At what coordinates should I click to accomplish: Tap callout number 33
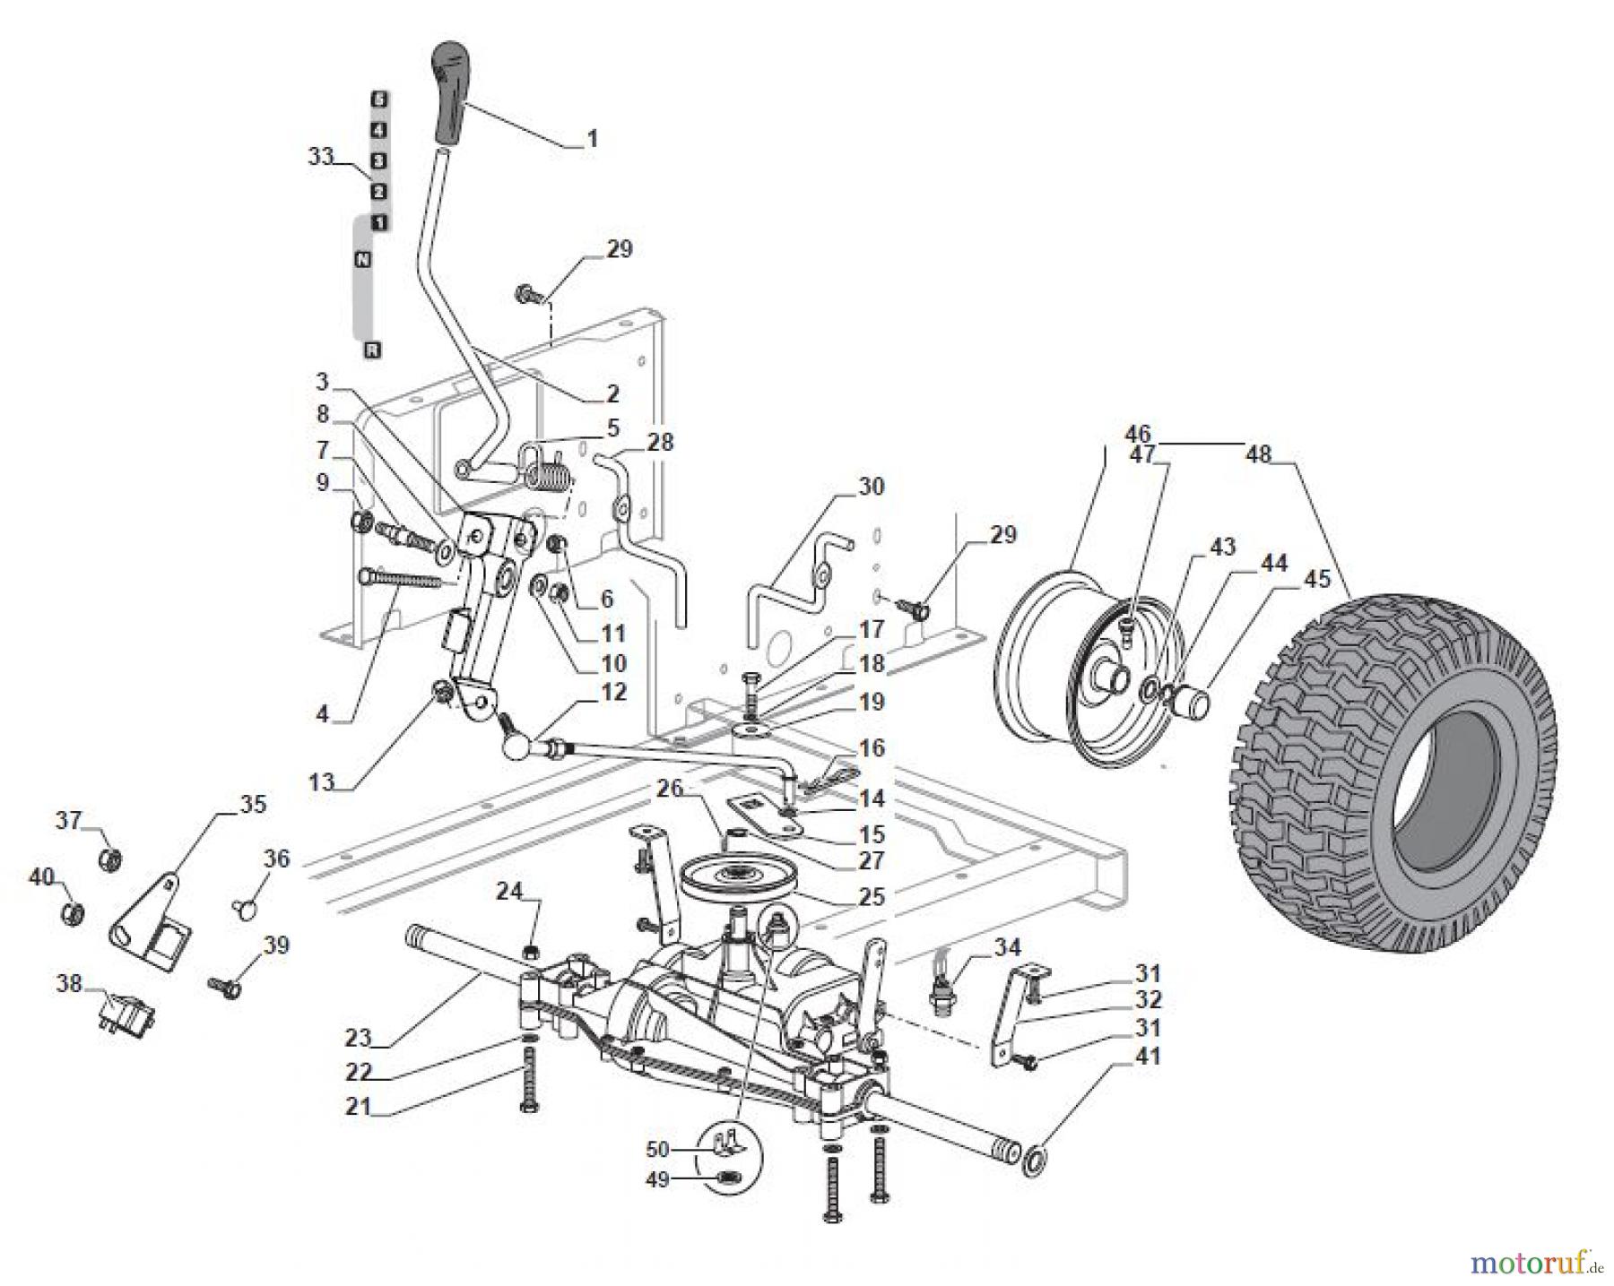320,156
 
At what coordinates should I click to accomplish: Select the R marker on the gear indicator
371,350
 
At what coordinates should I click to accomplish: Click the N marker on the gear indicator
362,259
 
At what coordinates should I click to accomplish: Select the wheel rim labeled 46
1089,668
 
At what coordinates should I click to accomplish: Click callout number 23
358,1038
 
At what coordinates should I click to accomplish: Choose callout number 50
657,1148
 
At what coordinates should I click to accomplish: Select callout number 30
871,487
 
